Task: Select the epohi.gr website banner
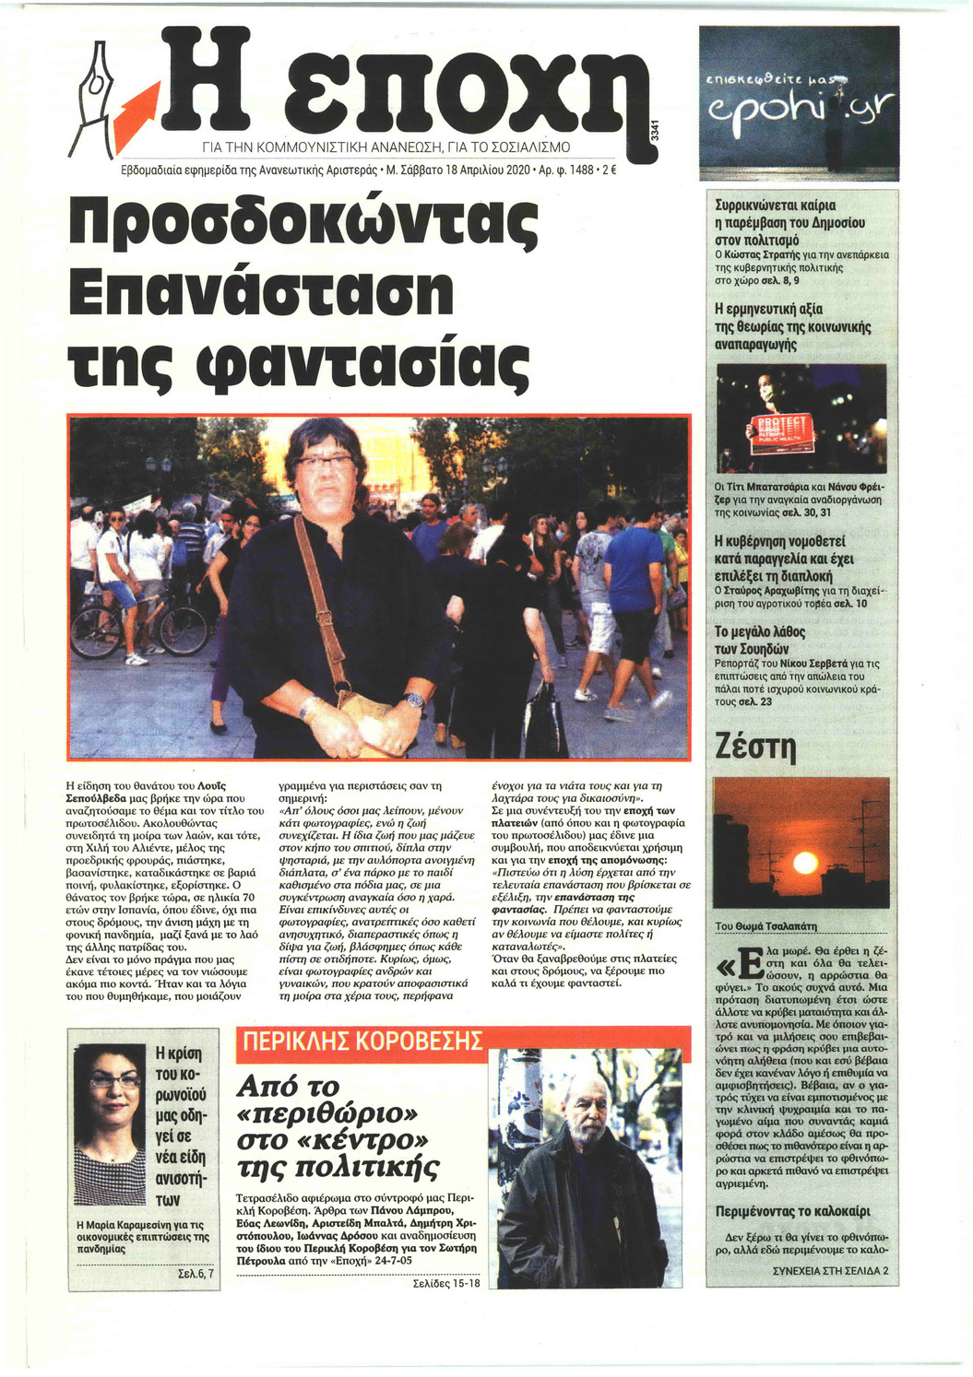click(x=799, y=103)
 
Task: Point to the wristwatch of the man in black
click(x=415, y=700)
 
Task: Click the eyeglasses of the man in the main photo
click(x=325, y=461)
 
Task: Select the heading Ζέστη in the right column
click(x=754, y=746)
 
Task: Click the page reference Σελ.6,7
click(x=195, y=1275)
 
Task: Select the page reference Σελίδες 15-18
click(x=446, y=1283)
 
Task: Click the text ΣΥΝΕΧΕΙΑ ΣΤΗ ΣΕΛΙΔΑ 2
click(x=830, y=1270)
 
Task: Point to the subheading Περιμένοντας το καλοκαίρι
click(x=792, y=1211)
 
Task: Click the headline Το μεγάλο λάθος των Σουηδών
click(x=760, y=641)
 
